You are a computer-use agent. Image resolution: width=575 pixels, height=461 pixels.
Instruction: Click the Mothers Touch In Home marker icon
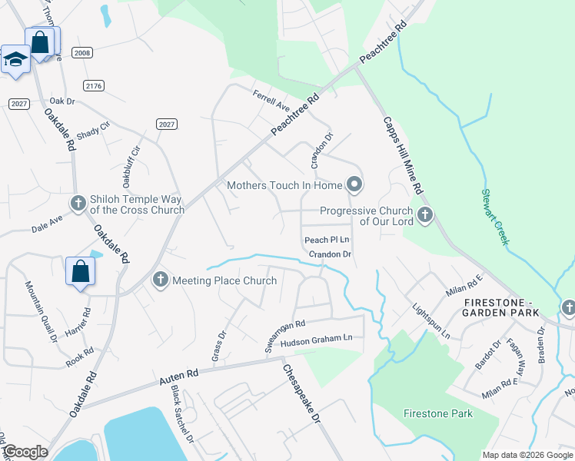354,184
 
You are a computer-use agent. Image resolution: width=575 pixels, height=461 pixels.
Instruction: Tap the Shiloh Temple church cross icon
78,203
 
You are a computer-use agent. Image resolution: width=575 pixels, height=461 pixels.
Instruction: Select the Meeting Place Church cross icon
160,280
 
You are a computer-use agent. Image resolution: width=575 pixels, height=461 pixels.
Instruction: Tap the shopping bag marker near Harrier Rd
80,271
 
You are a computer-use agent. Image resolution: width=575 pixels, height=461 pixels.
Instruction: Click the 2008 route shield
82,52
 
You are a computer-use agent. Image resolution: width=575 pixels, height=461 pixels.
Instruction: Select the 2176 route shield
94,85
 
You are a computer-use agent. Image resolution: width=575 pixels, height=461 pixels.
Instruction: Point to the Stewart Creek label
495,217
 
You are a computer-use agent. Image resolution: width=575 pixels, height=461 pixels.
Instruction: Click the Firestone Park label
438,413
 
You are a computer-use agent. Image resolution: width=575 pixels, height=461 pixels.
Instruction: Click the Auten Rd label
179,376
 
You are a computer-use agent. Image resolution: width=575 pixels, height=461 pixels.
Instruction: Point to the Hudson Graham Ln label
316,338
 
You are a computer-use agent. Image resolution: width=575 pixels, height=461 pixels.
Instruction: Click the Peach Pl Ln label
327,240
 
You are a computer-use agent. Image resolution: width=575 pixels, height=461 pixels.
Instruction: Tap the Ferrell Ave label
271,99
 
